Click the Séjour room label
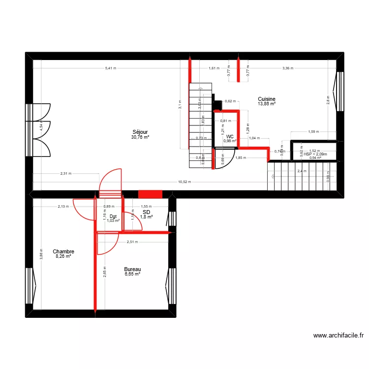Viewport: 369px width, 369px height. pos(140,131)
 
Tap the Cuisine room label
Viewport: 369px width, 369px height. pos(267,98)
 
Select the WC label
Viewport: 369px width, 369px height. pos(230,136)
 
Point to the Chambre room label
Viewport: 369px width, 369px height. pos(63,251)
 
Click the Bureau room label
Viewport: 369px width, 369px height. pos(132,269)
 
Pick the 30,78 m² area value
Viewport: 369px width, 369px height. pos(140,137)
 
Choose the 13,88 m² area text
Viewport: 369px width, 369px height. pos(267,104)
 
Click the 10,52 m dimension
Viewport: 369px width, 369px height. pos(185,182)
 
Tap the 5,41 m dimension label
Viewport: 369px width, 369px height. pos(111,68)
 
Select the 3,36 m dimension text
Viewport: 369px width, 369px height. pos(288,68)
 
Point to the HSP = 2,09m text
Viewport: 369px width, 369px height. pos(315,154)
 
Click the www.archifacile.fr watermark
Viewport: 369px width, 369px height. pos(338,336)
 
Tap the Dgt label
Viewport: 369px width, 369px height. pos(113,216)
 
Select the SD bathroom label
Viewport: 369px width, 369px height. pos(146,212)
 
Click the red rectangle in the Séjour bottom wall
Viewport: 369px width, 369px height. pos(150,194)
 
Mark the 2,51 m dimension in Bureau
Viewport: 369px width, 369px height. pos(132,242)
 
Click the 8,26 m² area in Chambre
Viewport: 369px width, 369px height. pos(63,256)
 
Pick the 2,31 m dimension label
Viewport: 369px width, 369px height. pos(66,173)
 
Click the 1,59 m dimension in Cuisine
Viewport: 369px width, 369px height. pos(313,132)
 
